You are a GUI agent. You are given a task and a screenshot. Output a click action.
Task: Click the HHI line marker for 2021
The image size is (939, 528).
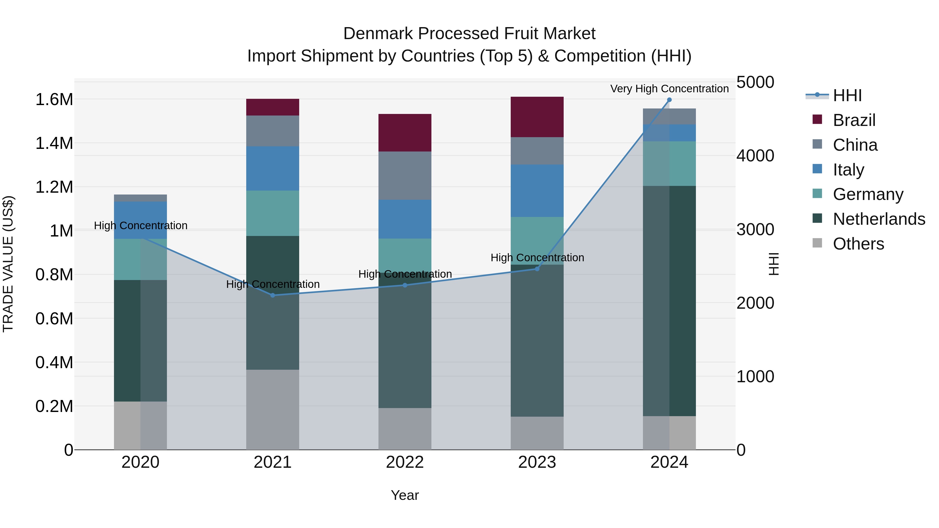tap(273, 295)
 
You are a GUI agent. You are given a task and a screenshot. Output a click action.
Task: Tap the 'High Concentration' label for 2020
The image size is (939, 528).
tap(141, 226)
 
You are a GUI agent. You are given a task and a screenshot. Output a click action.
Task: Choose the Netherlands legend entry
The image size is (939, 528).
tap(878, 219)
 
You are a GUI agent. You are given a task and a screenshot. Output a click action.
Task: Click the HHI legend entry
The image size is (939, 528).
tap(846, 95)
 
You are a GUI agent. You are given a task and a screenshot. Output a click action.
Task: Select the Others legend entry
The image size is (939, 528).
tap(858, 244)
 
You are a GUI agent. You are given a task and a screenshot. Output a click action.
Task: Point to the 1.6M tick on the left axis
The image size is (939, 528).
tap(54, 100)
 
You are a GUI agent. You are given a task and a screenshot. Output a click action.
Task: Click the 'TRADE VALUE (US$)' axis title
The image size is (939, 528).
tap(8, 264)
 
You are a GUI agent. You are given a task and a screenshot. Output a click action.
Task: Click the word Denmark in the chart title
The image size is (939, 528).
tap(378, 34)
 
